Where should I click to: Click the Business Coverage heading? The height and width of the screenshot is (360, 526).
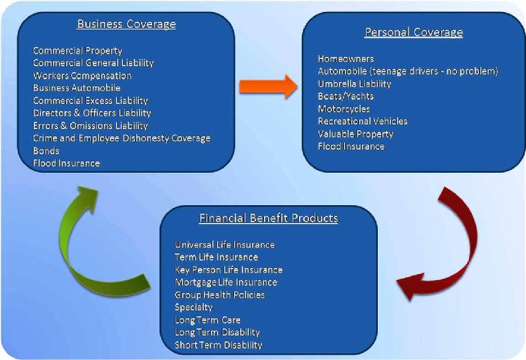pyautogui.click(x=126, y=24)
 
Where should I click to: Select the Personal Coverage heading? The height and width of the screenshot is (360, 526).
pyautogui.click(x=414, y=32)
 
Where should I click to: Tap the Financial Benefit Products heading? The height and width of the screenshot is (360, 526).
pyautogui.click(x=269, y=218)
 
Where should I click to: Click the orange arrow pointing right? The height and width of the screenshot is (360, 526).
pyautogui.click(x=269, y=87)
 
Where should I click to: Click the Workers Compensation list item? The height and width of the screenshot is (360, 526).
pyautogui.click(x=82, y=75)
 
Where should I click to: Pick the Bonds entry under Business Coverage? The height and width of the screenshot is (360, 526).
pyautogui.click(x=46, y=151)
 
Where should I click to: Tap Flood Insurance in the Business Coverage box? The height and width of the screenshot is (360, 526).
pyautogui.click(x=66, y=163)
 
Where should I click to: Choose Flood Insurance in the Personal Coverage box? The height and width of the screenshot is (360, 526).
pyautogui.click(x=351, y=146)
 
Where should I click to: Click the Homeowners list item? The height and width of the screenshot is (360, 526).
pyautogui.click(x=346, y=59)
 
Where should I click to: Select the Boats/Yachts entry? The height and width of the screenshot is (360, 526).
pyautogui.click(x=346, y=97)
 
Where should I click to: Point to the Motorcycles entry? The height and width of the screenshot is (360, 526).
pyautogui.click(x=344, y=109)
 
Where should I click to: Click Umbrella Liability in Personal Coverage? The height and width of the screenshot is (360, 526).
pyautogui.click(x=355, y=83)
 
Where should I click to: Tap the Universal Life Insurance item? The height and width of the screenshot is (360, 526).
pyautogui.click(x=225, y=245)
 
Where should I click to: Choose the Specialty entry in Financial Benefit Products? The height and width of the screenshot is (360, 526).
pyautogui.click(x=194, y=307)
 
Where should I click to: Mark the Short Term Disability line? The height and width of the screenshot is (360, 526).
pyautogui.click(x=218, y=345)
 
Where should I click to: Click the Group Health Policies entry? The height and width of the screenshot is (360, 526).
pyautogui.click(x=220, y=295)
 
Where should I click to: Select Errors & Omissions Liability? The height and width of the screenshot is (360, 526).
pyautogui.click(x=91, y=126)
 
